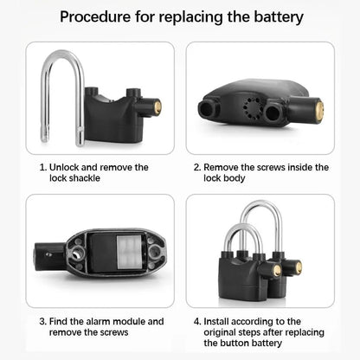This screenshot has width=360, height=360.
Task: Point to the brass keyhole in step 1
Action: (157, 108)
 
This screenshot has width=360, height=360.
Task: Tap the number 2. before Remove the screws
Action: (196, 167)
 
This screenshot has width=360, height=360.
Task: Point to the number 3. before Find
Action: (42, 321)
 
